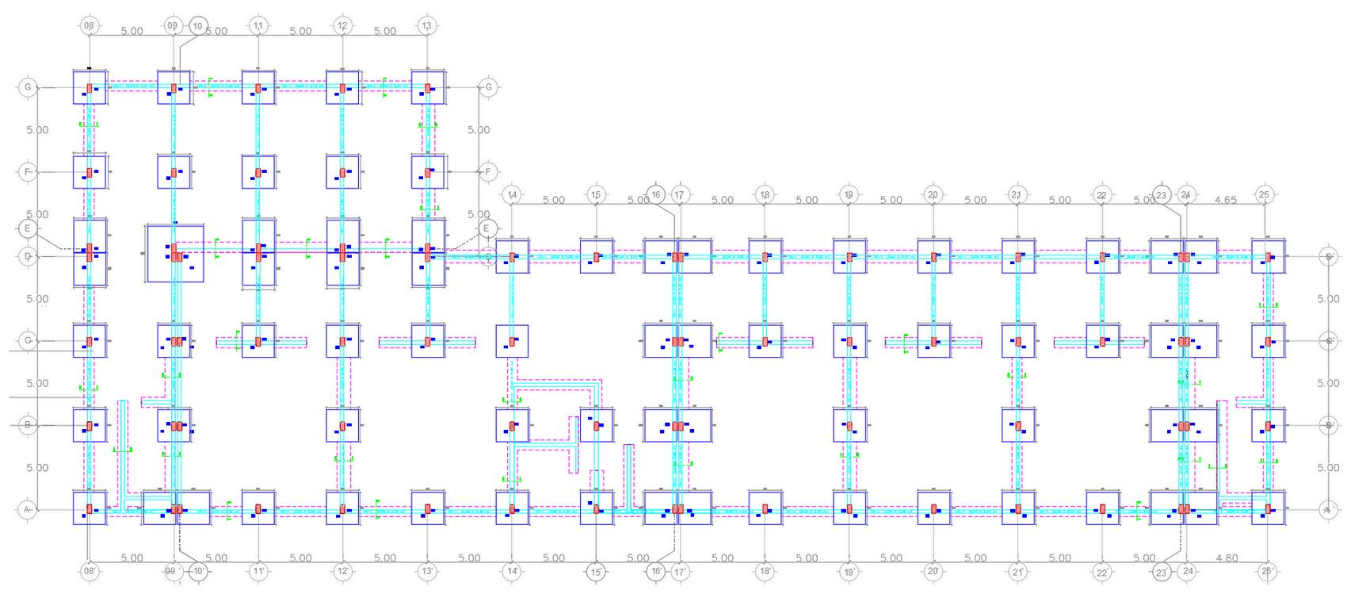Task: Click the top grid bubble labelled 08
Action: click(89, 26)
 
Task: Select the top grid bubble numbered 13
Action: click(427, 26)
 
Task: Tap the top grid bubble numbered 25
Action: click(1264, 194)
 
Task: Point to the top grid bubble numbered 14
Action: click(512, 194)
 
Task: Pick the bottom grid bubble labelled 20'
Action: click(933, 571)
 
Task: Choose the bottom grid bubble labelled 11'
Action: click(258, 571)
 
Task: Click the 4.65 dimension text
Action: click(1225, 200)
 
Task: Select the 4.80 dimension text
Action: click(1226, 558)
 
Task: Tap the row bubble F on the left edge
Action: click(28, 171)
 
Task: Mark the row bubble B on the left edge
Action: click(28, 425)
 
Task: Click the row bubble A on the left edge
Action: click(28, 510)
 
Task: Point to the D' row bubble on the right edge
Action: click(1330, 256)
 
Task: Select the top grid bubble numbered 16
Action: click(656, 194)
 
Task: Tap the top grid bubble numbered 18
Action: click(765, 194)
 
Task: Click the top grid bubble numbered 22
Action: click(1101, 194)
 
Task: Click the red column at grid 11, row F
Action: click(258, 172)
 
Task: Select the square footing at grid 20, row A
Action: click(934, 508)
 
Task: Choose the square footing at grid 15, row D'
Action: click(597, 257)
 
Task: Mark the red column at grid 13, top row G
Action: click(427, 88)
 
